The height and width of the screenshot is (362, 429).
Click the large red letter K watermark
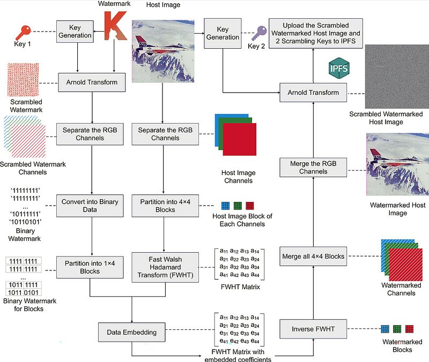pyautogui.click(x=115, y=33)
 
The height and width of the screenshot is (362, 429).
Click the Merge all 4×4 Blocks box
pyautogui.click(x=313, y=256)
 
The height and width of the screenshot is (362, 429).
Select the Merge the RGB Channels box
pyautogui.click(x=313, y=168)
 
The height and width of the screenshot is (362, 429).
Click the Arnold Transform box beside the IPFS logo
pyautogui.click(x=313, y=93)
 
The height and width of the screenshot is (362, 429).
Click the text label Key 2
pyautogui.click(x=256, y=46)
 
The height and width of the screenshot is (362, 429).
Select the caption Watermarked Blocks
pyautogui.click(x=398, y=345)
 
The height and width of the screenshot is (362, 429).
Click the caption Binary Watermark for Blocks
pyautogui.click(x=31, y=305)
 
